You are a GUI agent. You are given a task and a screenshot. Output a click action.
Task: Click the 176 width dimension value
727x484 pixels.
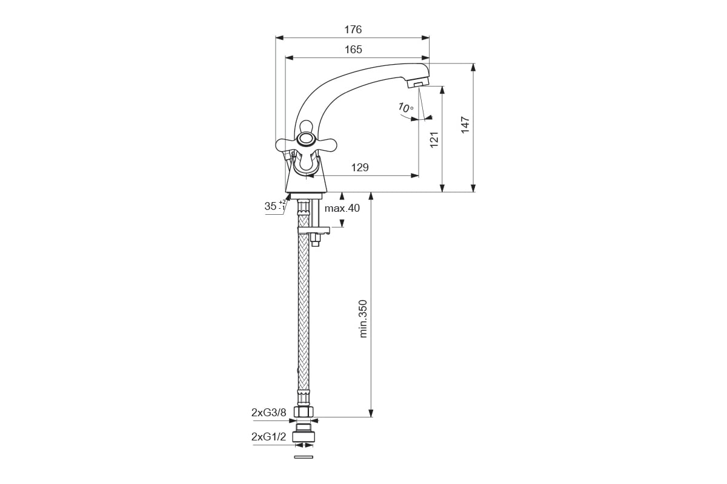click(353, 30)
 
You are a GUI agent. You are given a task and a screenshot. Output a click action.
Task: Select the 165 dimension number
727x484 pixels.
click(353, 50)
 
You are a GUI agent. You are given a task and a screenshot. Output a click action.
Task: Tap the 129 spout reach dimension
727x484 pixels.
click(360, 167)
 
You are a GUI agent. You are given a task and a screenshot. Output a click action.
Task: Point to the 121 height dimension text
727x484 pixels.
click(434, 139)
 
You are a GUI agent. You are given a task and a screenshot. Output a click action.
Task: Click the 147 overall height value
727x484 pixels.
click(465, 125)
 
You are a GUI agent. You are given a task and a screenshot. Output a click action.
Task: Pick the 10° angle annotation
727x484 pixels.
click(406, 108)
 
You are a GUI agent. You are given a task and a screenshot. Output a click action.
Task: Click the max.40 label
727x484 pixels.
click(342, 208)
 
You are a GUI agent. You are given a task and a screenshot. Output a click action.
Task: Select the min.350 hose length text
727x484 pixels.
click(363, 319)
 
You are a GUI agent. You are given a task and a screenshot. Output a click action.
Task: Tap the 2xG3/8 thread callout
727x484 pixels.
click(269, 413)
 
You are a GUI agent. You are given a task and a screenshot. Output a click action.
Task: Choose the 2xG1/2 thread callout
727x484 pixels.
click(269, 437)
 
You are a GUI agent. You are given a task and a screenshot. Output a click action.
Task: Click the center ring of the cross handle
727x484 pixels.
click(306, 139)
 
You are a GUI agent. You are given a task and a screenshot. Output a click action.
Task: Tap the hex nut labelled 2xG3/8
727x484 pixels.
click(304, 411)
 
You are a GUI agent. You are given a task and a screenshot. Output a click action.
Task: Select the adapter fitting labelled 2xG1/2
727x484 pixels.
click(304, 433)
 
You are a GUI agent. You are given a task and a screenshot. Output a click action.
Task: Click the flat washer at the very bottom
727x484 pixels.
click(304, 457)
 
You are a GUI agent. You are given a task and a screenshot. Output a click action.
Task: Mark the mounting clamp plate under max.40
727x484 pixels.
click(314, 231)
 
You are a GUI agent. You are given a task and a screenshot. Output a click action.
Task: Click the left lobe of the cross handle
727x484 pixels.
click(286, 145)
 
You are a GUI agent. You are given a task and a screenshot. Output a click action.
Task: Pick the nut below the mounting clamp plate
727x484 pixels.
click(315, 240)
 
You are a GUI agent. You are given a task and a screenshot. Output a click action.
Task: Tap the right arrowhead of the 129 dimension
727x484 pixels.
click(415, 175)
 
